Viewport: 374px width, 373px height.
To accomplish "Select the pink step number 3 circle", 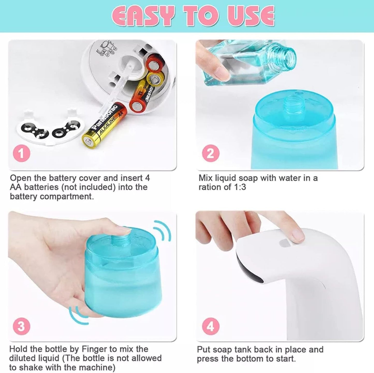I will coord(21,326).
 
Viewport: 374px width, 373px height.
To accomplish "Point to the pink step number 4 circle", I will coord(211,326).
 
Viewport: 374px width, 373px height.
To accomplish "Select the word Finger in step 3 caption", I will coord(94,349).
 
